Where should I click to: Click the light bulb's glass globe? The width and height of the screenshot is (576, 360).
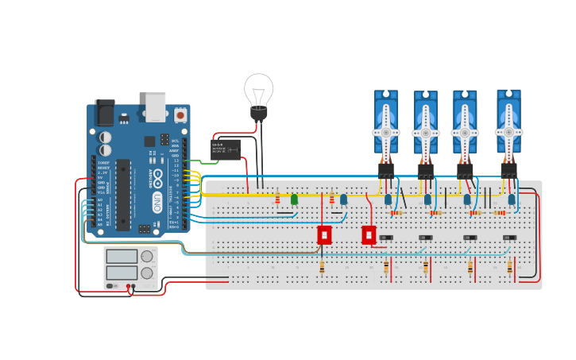[259, 88]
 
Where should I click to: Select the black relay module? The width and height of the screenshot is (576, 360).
[226, 149]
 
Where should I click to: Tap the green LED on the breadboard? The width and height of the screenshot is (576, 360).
[294, 199]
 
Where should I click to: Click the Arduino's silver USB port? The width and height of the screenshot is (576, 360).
[156, 106]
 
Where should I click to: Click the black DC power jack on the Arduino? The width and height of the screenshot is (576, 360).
[104, 113]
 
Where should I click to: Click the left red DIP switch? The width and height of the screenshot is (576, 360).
[324, 235]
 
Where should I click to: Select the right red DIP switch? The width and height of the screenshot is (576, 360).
[369, 235]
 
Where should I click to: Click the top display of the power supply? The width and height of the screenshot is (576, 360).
[122, 257]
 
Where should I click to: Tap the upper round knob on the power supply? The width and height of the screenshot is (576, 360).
[147, 257]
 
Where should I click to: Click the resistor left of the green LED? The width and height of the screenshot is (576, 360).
[277, 198]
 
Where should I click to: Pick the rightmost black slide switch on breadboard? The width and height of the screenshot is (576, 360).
[509, 238]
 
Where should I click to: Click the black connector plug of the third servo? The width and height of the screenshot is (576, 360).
[465, 170]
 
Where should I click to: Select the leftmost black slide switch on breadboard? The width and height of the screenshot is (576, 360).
[386, 238]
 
